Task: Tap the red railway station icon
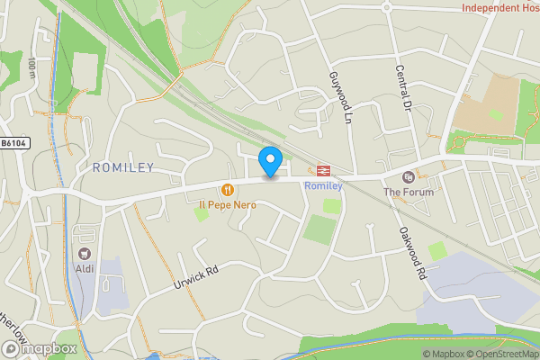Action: (x=321, y=170)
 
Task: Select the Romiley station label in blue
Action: (x=323, y=185)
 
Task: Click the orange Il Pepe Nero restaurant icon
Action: (x=228, y=190)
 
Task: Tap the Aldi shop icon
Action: (x=86, y=255)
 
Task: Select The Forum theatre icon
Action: (x=409, y=176)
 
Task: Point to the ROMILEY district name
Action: (x=123, y=167)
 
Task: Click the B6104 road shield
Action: (x=13, y=143)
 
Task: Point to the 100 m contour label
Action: (x=31, y=68)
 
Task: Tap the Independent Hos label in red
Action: (x=500, y=8)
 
